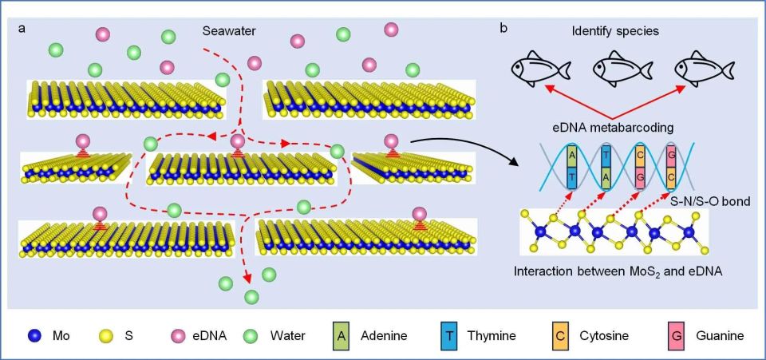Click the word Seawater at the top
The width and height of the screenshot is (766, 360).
[229, 32]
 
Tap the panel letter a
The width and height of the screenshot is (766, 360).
[22, 28]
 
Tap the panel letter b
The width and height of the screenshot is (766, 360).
[503, 28]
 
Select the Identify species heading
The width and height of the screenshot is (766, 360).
[615, 32]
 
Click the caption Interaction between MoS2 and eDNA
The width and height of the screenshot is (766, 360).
[618, 271]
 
